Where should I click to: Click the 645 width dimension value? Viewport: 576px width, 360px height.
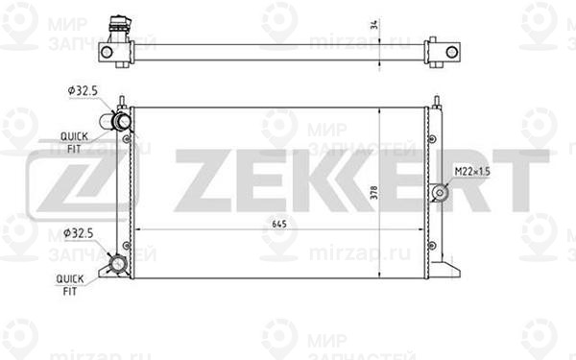point(277,225)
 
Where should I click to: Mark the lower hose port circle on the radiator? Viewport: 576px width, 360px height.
point(119,264)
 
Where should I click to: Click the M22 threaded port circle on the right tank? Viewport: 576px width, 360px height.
point(441,193)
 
